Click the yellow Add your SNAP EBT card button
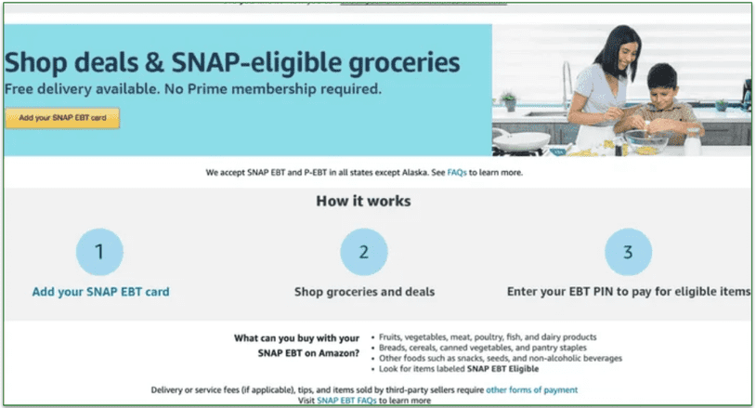(62, 118)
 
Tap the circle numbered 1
(99, 251)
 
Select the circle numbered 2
(364, 251)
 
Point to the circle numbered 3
(628, 251)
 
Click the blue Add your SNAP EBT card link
(100, 292)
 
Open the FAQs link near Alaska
(456, 173)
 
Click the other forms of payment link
(532, 389)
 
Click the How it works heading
(363, 201)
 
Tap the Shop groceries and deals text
(364, 292)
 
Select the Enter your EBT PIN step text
(628, 292)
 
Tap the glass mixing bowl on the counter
(645, 142)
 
